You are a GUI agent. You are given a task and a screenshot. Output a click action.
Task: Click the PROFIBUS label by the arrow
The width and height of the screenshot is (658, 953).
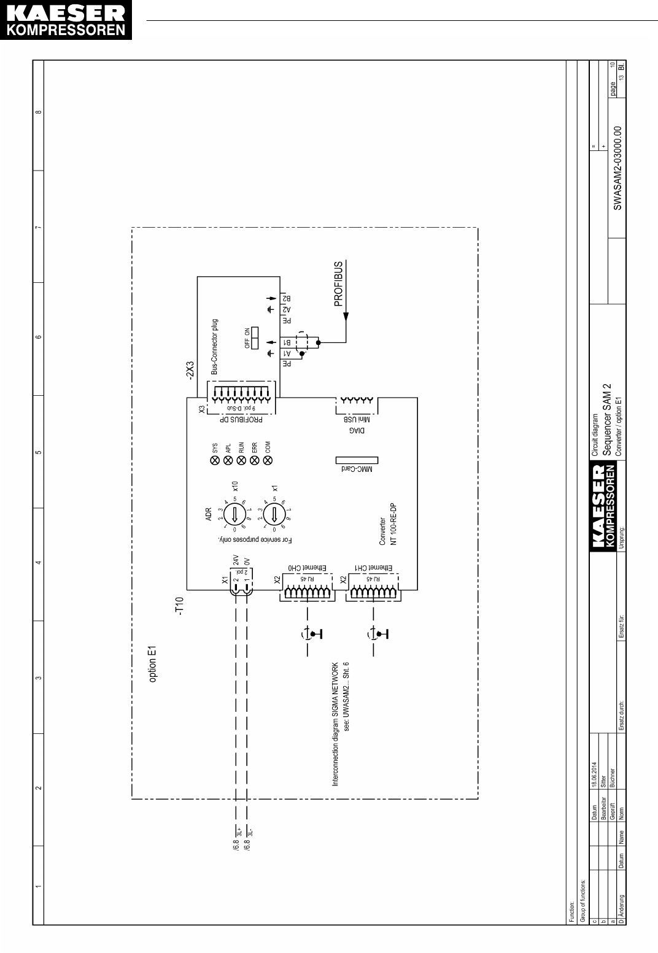(x=339, y=286)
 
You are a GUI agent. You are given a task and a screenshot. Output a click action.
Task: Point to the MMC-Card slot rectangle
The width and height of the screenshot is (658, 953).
(x=357, y=460)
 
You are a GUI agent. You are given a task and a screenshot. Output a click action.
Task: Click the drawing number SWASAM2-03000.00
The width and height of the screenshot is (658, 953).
(x=618, y=168)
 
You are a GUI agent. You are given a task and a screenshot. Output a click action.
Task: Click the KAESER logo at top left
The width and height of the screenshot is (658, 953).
(x=66, y=21)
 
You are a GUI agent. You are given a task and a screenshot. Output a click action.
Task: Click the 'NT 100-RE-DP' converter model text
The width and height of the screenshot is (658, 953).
(x=394, y=524)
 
